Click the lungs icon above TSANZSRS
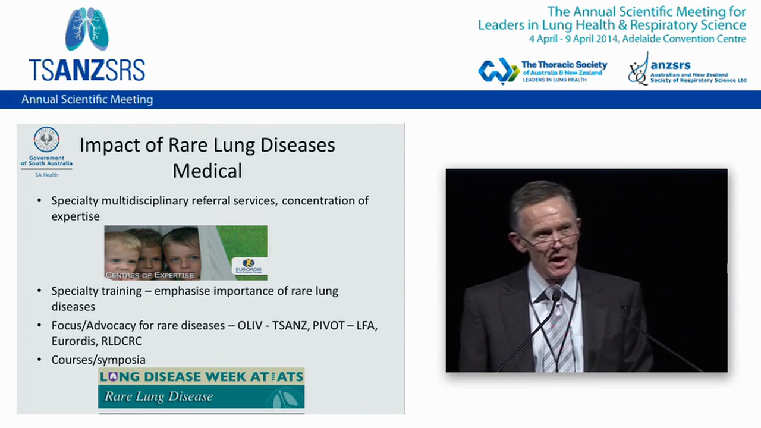[x=87, y=29]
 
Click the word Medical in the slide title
[x=207, y=171]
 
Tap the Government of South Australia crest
[x=46, y=140]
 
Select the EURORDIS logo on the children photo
[x=248, y=266]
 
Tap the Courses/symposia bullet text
[x=98, y=360]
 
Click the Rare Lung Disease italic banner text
[x=159, y=396]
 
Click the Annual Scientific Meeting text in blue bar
[x=87, y=99]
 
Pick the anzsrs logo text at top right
[x=670, y=65]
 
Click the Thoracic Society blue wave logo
[x=498, y=71]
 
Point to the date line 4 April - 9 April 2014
[x=637, y=39]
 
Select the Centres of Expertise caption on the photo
[x=149, y=275]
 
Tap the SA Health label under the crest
[x=46, y=175]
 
